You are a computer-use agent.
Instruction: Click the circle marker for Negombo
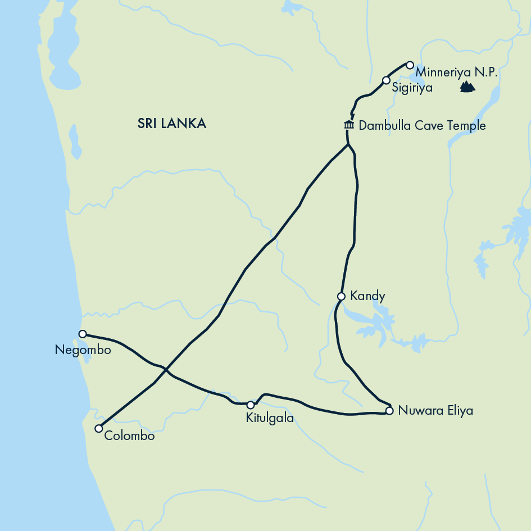click(83, 334)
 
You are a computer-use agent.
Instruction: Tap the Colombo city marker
click(98, 429)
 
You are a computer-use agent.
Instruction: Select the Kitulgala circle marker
click(251, 405)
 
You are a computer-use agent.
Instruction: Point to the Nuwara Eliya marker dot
click(389, 411)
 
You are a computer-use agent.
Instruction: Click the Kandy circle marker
click(341, 296)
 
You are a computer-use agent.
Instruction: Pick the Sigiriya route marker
click(386, 80)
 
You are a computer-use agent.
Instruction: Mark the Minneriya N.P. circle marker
click(410, 65)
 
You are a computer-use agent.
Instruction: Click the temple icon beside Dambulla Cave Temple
click(348, 125)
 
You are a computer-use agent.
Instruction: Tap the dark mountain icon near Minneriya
click(467, 87)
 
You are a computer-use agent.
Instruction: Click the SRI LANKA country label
click(171, 124)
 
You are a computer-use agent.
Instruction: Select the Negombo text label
click(83, 350)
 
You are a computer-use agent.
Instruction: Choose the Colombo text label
click(129, 435)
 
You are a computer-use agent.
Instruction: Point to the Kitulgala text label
click(270, 418)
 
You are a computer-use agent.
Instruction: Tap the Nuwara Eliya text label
click(435, 411)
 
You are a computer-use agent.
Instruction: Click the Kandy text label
click(367, 296)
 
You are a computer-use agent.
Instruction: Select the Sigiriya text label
click(412, 88)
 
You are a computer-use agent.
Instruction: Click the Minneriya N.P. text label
click(456, 73)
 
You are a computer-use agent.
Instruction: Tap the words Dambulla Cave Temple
click(422, 125)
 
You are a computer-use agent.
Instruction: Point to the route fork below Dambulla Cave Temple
click(348, 145)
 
